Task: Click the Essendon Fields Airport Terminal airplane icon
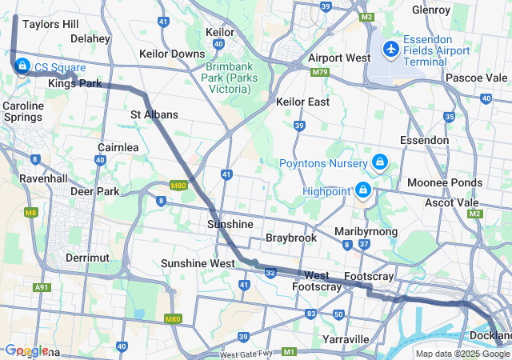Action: [391, 50]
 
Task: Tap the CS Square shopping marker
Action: [21, 66]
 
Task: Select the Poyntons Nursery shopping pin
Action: [379, 163]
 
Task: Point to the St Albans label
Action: [154, 115]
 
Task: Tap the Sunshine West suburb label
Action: [198, 263]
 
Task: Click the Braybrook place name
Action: [291, 238]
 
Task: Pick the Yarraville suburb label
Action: [345, 339]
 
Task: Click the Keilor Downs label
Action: [172, 54]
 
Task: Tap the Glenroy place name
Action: [431, 10]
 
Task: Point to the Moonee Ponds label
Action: [444, 183]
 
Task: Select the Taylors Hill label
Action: [50, 24]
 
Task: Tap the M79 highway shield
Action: [321, 72]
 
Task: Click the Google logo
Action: [27, 350]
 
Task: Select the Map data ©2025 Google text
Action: [462, 354]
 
